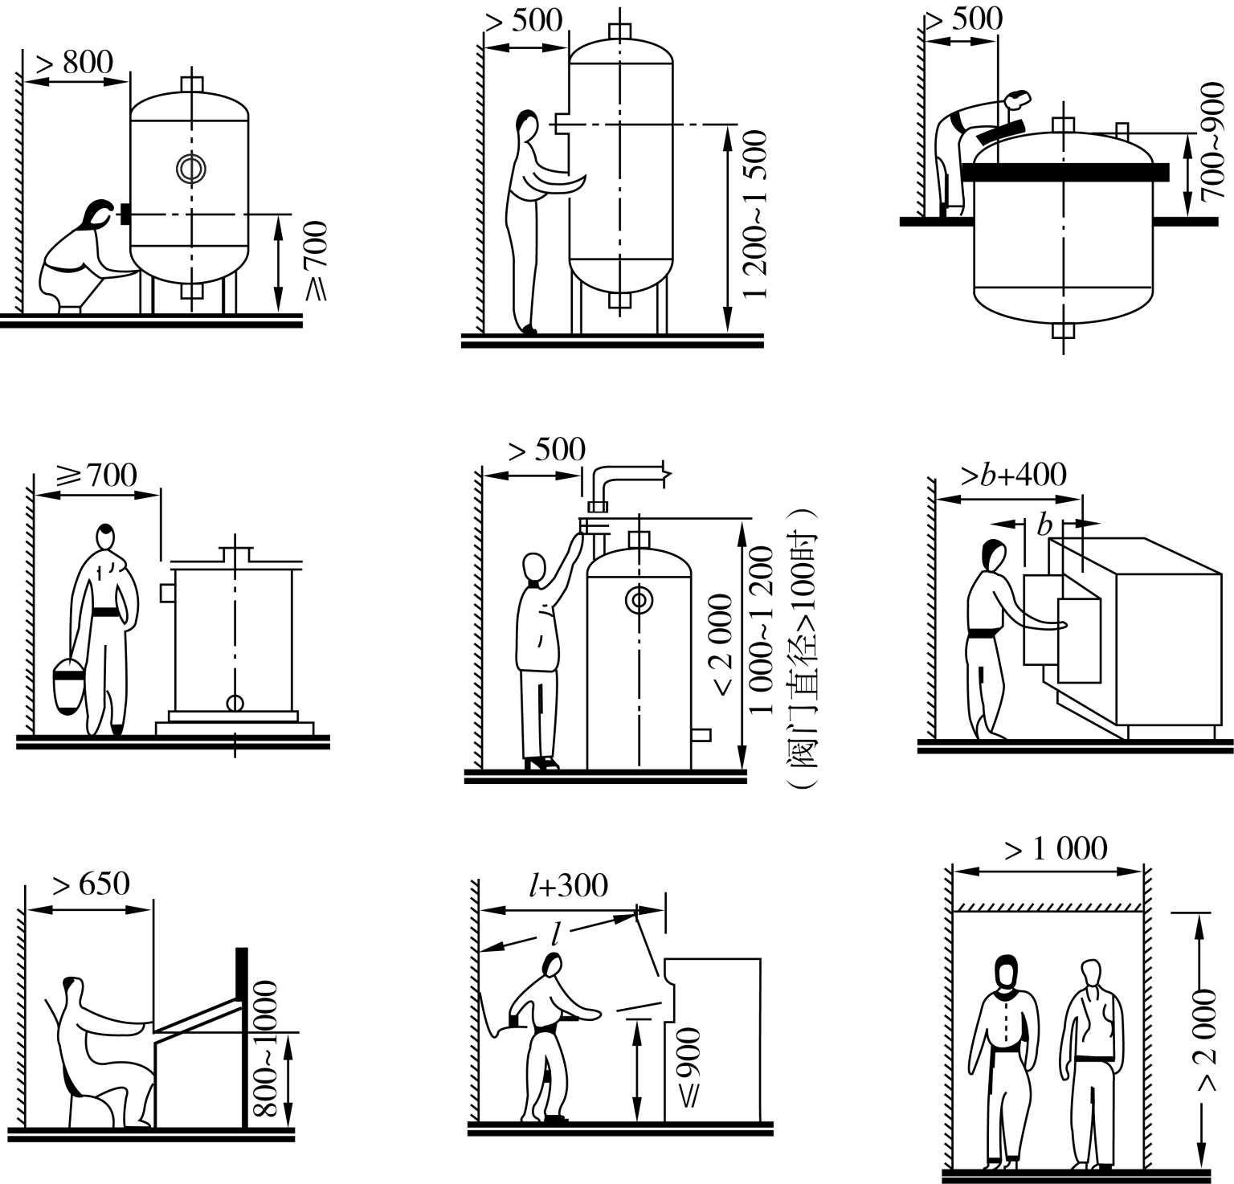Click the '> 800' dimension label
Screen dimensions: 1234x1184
click(76, 62)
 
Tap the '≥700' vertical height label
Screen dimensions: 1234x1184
click(317, 260)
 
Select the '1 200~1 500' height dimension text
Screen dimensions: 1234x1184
click(755, 214)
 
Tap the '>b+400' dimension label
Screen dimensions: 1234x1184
click(1014, 475)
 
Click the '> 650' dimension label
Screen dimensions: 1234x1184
click(91, 884)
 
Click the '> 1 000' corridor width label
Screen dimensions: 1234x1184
click(1056, 848)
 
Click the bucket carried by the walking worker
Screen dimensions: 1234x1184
click(68, 684)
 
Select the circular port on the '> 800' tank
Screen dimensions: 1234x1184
click(191, 168)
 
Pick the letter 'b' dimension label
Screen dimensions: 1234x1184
click(1044, 526)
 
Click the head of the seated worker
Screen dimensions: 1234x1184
click(72, 988)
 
